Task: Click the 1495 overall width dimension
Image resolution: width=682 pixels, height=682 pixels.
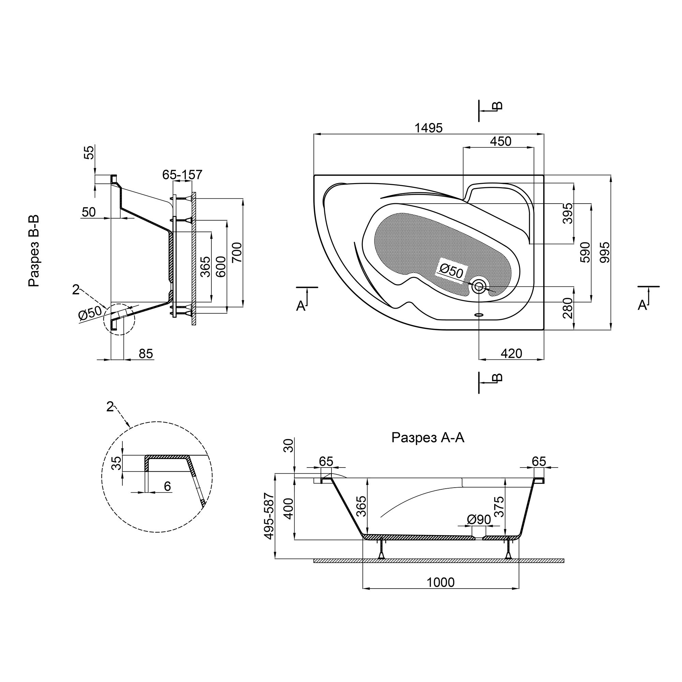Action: tap(428, 128)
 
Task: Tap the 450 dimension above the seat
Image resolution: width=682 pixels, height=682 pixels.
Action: tap(501, 141)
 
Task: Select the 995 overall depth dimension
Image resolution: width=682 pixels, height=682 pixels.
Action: tap(605, 252)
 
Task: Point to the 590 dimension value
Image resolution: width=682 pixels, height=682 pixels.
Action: tap(585, 252)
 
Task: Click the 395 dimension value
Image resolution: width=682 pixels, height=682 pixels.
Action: tap(568, 213)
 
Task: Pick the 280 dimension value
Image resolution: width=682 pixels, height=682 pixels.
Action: tap(568, 308)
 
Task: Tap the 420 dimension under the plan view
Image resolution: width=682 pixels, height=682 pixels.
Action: tap(511, 353)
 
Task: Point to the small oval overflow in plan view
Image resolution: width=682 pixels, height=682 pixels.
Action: tap(479, 315)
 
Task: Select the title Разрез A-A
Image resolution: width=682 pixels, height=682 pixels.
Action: tap(428, 438)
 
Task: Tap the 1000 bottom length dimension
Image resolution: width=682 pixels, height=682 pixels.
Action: tap(441, 582)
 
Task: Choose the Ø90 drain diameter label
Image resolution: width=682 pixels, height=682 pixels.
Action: tap(479, 519)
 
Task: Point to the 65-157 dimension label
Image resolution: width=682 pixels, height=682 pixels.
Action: tap(182, 174)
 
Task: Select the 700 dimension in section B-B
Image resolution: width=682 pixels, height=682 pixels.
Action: tap(237, 252)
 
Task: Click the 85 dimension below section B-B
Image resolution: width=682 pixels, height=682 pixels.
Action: tap(146, 353)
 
